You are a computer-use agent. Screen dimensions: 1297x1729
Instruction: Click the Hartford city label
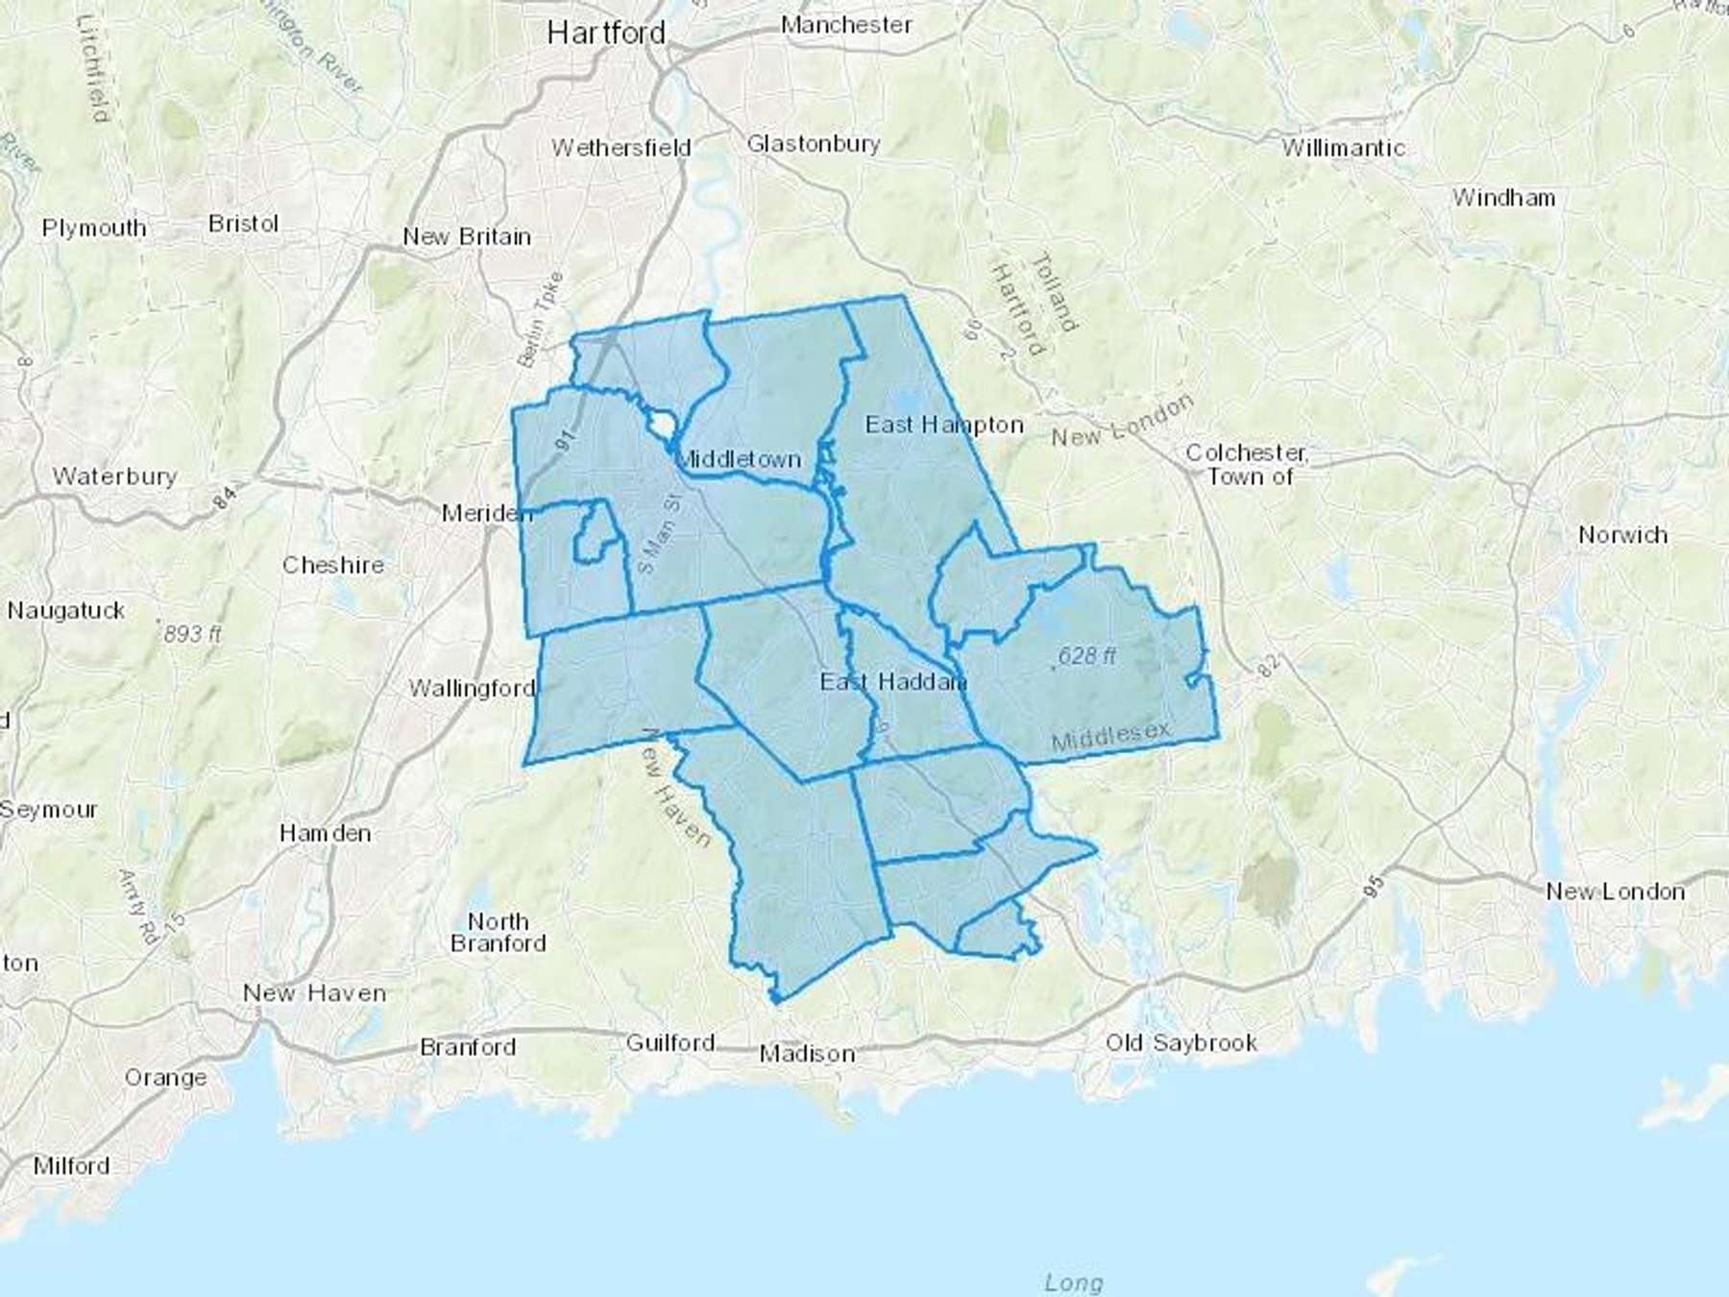point(606,34)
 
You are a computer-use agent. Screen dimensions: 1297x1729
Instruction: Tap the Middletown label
point(738,459)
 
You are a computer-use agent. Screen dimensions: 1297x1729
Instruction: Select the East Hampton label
point(944,425)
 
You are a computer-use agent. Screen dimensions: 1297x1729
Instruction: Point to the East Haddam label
point(892,682)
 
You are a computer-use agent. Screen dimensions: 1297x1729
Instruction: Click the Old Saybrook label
point(1181,1042)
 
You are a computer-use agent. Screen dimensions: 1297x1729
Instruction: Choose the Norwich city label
point(1622,535)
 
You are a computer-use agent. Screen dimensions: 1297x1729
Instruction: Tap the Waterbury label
point(114,477)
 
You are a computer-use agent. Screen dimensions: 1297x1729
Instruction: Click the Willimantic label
point(1343,148)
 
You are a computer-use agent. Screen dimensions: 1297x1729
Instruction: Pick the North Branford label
point(498,933)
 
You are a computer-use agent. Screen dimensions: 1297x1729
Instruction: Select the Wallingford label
point(472,688)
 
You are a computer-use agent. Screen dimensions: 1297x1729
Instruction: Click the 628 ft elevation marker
point(1086,656)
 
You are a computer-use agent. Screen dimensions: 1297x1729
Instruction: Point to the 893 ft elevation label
point(191,634)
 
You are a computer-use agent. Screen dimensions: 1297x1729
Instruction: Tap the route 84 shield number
point(224,499)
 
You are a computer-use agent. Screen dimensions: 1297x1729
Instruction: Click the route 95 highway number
point(1374,886)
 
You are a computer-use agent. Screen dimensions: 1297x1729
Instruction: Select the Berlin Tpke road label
point(541,319)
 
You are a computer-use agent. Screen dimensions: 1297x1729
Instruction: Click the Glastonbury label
point(813,144)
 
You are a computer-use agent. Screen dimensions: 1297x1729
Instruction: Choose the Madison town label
point(807,1054)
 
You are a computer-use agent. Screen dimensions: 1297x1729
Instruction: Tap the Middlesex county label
point(1111,736)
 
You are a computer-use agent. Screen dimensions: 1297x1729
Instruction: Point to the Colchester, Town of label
point(1246,464)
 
